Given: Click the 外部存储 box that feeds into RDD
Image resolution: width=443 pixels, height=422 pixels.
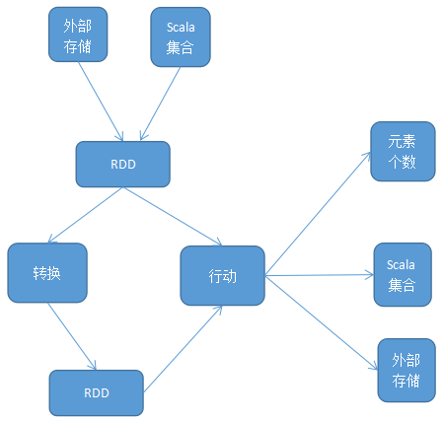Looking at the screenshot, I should coord(78,36).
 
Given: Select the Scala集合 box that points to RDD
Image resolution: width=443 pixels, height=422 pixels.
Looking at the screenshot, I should coord(180,37).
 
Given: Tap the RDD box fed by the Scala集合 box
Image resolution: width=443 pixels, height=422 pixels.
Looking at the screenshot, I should coord(123,165).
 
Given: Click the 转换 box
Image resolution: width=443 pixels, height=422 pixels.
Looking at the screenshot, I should coord(46,273).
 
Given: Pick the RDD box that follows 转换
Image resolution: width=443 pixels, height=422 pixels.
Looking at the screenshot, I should coord(96,392).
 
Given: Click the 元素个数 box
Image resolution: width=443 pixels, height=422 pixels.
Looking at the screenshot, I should coord(402,152).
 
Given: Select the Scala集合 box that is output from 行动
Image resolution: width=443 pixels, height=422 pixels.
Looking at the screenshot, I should coord(402,274).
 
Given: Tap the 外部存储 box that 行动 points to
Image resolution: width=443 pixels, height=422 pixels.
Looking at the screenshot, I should coord(406,370).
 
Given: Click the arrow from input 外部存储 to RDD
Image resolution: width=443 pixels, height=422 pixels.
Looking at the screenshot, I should coord(102,103).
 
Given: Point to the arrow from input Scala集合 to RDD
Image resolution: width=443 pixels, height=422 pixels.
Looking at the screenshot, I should coord(160,104).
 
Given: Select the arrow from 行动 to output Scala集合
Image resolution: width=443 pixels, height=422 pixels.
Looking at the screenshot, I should coord(319,276).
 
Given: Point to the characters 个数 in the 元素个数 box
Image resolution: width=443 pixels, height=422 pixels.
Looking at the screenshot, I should coord(402,163).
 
